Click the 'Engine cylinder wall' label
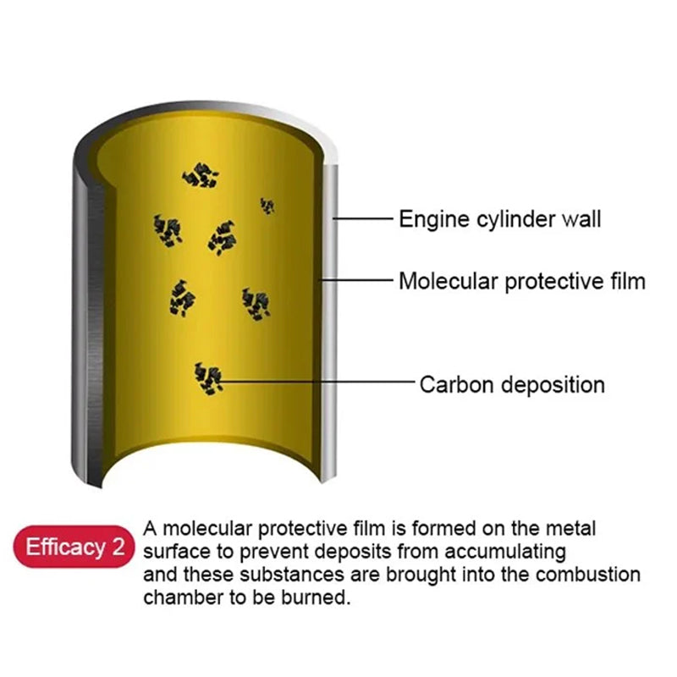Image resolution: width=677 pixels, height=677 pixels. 499,218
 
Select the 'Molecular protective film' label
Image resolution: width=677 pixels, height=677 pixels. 522,281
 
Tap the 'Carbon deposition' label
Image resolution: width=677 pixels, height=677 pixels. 512,384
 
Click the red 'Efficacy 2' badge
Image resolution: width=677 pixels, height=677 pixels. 74,547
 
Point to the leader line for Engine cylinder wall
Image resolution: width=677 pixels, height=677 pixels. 363,218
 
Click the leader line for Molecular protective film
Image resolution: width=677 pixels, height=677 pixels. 356,280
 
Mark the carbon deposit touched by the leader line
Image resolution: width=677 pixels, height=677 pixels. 208,378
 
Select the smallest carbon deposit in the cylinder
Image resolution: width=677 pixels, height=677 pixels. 267,206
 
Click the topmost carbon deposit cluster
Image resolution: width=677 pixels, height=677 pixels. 201,175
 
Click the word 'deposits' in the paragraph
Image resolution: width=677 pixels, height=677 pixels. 351,553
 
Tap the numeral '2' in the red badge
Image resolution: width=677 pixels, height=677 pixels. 118,547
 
